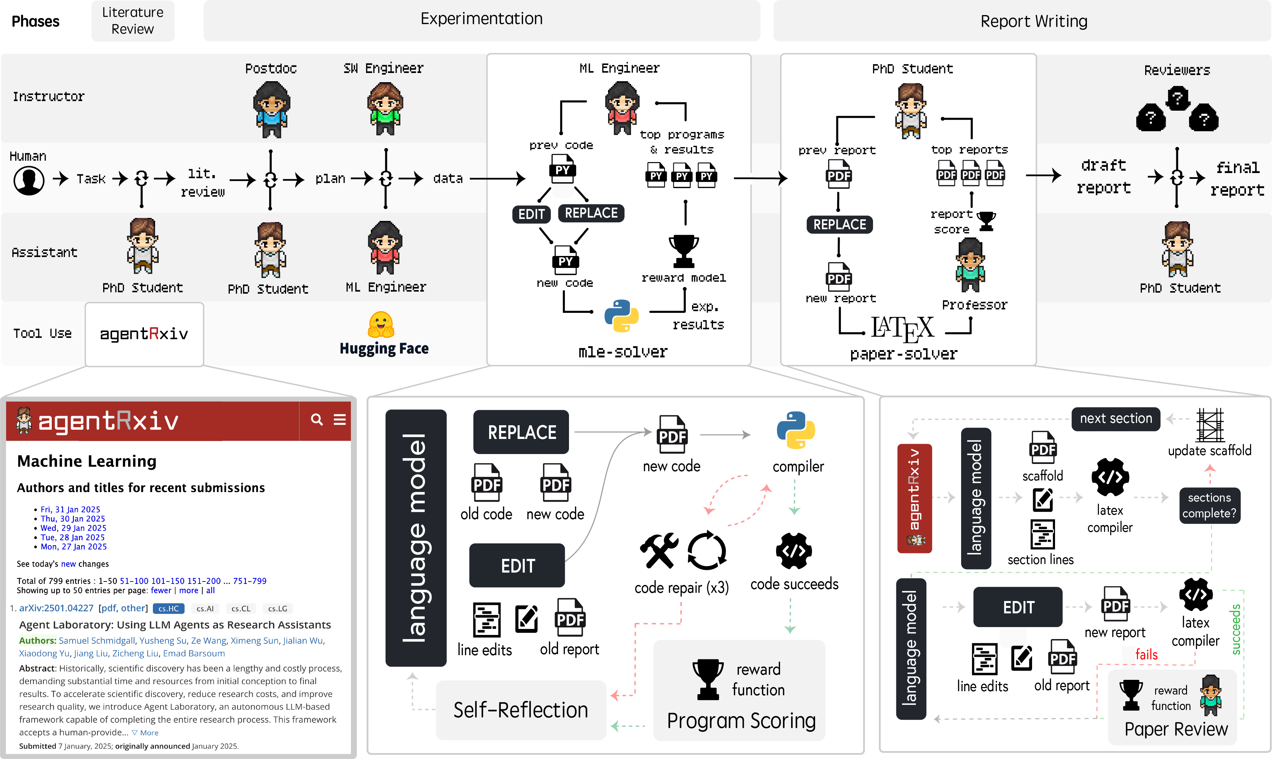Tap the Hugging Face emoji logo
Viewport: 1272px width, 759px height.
381,324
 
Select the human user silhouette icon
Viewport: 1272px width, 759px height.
29,180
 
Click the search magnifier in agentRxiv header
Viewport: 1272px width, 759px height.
317,420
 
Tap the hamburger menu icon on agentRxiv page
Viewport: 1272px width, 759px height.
340,420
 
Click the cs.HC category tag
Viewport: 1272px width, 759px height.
168,609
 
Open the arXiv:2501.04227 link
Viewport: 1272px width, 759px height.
56,608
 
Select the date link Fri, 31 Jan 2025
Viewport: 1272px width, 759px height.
70,510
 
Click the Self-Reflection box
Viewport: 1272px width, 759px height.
521,710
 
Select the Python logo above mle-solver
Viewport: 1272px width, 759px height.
621,316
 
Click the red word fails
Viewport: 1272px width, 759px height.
1146,655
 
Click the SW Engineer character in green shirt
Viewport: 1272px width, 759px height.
385,108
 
